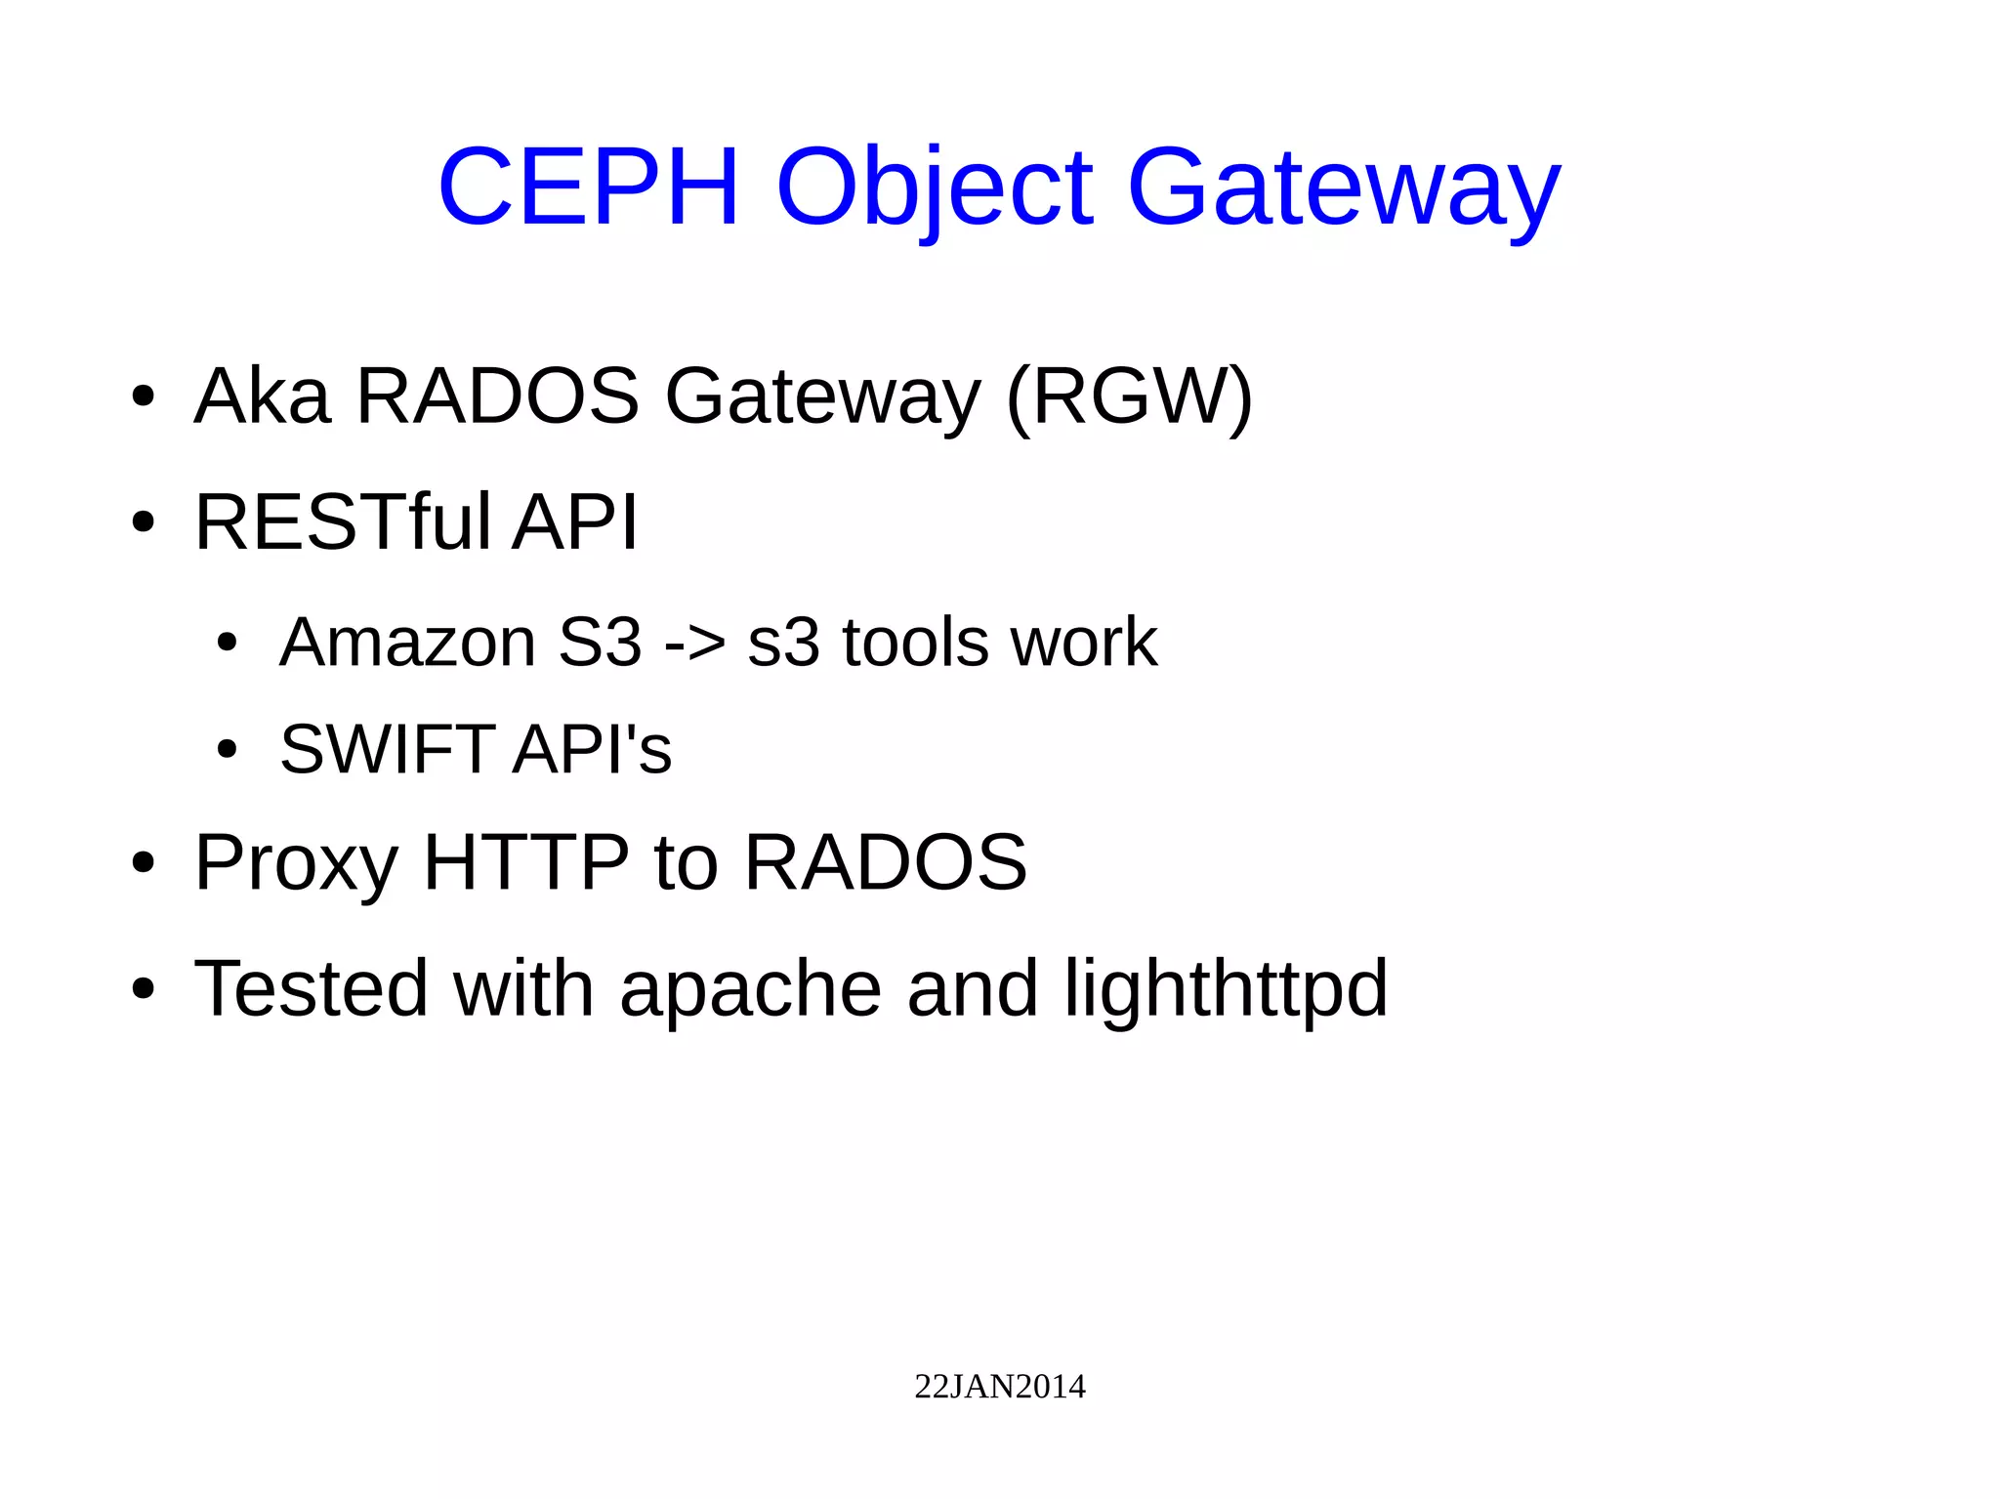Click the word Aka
[263, 396]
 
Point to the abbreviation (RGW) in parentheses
[1129, 397]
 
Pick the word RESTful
[343, 521]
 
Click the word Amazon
[407, 643]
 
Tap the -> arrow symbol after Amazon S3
[694, 645]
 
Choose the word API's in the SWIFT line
[593, 749]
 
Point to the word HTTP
[526, 862]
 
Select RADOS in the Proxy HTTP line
[885, 862]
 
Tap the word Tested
[312, 988]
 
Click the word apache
[750, 990]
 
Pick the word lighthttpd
[1226, 990]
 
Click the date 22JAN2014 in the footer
[999, 1387]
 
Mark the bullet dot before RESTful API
[144, 523]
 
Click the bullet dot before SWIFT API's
[228, 750]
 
